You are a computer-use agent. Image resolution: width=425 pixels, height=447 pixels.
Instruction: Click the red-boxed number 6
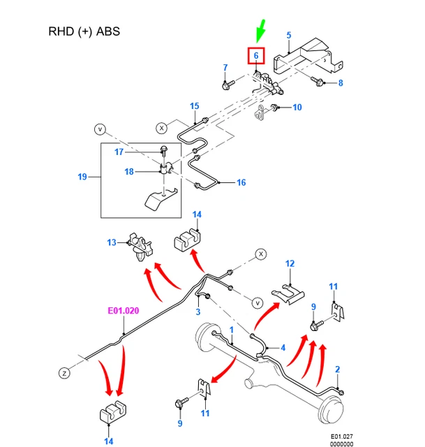(256, 55)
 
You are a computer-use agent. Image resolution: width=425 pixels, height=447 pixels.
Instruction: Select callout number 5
(288, 35)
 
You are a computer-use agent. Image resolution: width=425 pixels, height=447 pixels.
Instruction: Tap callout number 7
(225, 67)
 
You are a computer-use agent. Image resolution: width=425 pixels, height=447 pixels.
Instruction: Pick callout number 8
(341, 83)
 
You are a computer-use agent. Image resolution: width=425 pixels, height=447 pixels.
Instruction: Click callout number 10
(297, 108)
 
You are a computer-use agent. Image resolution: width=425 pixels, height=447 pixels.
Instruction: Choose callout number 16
(241, 183)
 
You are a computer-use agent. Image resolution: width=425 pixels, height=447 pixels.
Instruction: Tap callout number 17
(119, 152)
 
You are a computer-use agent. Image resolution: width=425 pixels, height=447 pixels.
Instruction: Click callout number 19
(82, 177)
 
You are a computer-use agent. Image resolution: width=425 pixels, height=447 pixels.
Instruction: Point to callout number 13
(112, 242)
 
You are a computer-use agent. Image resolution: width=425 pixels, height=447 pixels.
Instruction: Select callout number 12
(290, 263)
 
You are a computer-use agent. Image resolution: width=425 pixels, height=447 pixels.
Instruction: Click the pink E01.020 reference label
(123, 312)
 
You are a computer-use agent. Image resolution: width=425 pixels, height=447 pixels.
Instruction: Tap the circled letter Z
(64, 374)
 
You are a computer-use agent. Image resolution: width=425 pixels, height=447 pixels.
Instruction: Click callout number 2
(338, 369)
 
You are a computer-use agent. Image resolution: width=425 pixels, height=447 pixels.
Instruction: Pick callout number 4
(283, 347)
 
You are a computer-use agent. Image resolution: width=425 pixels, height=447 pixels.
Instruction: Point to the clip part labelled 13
(139, 245)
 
